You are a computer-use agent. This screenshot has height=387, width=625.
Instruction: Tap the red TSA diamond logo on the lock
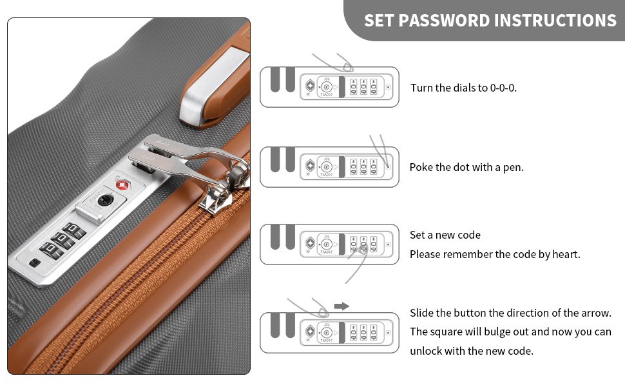point(123,184)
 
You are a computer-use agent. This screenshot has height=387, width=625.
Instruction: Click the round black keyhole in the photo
point(106,200)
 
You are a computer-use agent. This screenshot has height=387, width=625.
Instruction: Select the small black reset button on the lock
point(35,263)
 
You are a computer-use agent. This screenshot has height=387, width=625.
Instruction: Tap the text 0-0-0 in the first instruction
point(503,88)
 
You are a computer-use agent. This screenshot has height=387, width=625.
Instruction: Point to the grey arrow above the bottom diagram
point(341,306)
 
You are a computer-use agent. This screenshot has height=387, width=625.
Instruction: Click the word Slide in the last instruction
point(421,313)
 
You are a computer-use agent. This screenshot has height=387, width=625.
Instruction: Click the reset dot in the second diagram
point(389,167)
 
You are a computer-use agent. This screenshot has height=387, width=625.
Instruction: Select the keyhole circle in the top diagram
point(327,87)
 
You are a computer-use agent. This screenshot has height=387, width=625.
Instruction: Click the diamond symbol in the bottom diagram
point(310,331)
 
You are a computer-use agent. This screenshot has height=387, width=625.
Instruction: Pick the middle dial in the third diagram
point(363,244)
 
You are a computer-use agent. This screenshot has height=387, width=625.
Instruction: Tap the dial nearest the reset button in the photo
point(51,250)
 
